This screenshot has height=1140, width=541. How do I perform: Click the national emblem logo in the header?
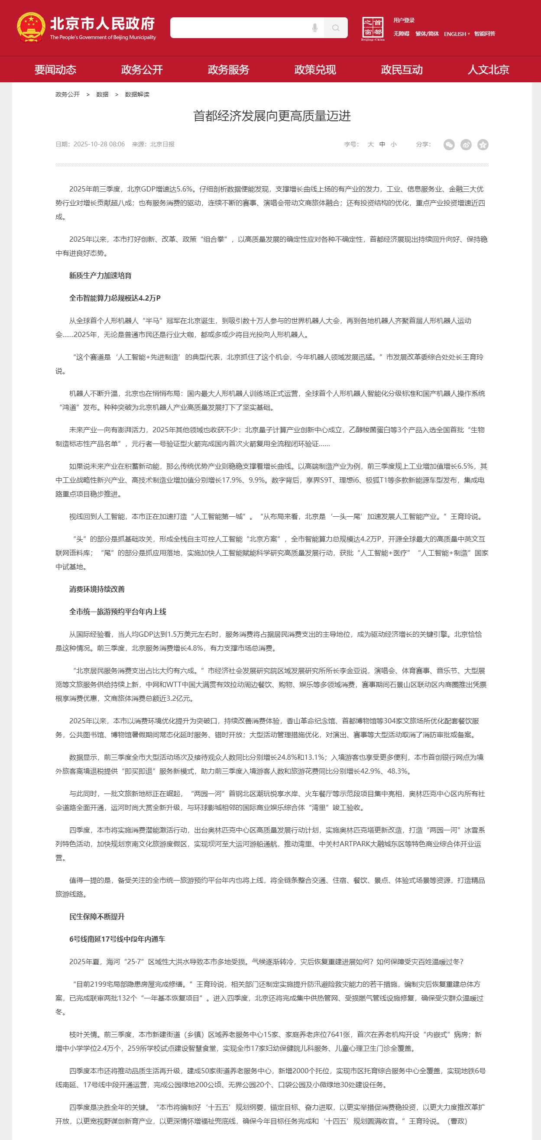point(31,27)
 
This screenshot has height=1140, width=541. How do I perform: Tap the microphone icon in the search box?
point(315,28)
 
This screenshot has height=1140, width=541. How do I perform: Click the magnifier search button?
point(336,28)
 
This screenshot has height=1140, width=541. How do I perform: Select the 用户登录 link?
point(404,20)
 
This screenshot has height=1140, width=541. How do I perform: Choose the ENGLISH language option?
point(455,34)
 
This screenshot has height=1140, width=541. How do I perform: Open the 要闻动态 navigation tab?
point(55,69)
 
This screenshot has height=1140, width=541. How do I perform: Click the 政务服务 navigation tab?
point(228,69)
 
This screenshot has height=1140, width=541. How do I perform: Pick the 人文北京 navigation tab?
point(488,69)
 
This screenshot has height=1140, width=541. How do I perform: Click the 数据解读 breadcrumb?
point(137,95)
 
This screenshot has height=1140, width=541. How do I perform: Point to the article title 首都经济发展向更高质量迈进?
point(272,116)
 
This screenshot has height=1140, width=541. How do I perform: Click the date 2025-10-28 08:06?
point(99,144)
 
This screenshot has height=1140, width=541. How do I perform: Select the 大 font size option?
point(370,144)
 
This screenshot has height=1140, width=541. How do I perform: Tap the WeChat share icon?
point(449,145)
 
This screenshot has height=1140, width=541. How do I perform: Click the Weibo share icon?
point(466,145)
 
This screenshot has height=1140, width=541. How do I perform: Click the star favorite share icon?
point(483,145)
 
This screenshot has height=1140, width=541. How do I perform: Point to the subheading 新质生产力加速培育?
point(100,276)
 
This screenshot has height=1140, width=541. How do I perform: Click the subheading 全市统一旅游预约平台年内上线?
point(117,612)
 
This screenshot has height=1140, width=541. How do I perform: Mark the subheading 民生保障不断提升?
point(97,917)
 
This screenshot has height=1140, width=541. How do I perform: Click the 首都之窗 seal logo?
point(373,28)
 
